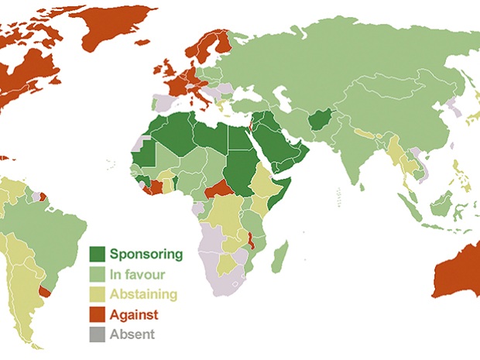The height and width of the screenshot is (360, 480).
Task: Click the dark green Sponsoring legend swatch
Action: tap(98, 254)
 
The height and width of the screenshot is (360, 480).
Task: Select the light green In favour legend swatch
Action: tap(98, 274)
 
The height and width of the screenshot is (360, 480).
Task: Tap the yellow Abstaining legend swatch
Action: tap(98, 294)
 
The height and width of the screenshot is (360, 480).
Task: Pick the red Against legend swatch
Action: tap(98, 314)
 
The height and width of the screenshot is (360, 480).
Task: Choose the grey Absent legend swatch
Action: tap(98, 334)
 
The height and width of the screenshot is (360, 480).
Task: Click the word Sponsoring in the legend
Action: tap(146, 254)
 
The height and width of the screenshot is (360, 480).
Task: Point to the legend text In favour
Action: tap(138, 274)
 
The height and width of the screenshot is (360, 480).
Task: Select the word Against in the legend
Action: tap(135, 314)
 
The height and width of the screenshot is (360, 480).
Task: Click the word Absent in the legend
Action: tap(132, 334)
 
